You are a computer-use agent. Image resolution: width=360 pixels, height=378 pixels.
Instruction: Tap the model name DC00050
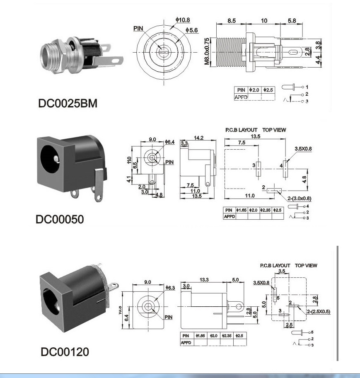[x=60, y=219]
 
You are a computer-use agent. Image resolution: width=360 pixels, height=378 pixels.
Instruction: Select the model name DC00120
[x=65, y=352]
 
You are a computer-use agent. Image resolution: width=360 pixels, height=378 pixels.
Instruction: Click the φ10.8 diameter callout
[x=183, y=20]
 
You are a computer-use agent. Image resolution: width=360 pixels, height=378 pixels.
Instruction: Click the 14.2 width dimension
[x=198, y=138]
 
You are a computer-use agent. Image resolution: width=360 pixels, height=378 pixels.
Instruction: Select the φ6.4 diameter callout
[x=170, y=142]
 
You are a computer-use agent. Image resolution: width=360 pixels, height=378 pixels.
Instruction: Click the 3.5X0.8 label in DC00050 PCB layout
[x=303, y=148]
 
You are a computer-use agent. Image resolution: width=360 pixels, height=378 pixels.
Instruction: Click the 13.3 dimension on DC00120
[x=204, y=280]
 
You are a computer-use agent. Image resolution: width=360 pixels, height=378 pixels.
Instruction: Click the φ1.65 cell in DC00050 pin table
[x=242, y=210]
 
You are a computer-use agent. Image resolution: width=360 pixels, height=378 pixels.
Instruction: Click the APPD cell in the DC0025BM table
[x=241, y=96]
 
